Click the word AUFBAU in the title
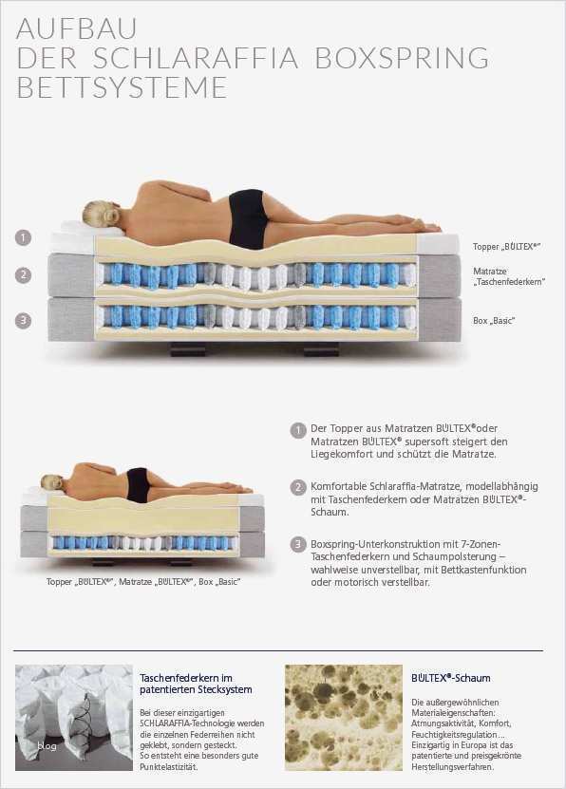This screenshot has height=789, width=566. pyautogui.click(x=77, y=28)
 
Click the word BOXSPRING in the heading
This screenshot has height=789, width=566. pyautogui.click(x=402, y=58)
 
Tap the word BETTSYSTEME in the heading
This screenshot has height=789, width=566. pyautogui.click(x=123, y=87)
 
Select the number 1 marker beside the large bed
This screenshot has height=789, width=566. pyautogui.click(x=23, y=237)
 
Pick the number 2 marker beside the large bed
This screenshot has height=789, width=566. pyautogui.click(x=23, y=274)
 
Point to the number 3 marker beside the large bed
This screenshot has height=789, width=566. pyautogui.click(x=23, y=320)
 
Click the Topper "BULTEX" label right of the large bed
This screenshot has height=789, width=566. pyautogui.click(x=506, y=247)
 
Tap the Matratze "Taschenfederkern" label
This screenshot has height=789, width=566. pyautogui.click(x=509, y=276)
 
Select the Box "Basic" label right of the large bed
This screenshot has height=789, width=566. pyautogui.click(x=494, y=321)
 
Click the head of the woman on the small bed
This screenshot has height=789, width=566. pyautogui.click(x=52, y=481)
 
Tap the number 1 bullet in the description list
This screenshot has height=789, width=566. pyautogui.click(x=298, y=430)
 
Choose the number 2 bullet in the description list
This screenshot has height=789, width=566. pyautogui.click(x=298, y=488)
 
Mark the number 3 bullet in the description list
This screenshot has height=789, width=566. pyautogui.click(x=298, y=545)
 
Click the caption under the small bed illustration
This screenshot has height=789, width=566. pyautogui.click(x=143, y=582)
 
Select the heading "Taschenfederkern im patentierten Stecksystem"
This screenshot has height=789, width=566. pyautogui.click(x=197, y=684)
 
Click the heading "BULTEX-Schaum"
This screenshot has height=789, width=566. pyautogui.click(x=451, y=678)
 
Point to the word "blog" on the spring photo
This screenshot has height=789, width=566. pyautogui.click(x=47, y=746)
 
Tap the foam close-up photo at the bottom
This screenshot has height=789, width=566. pyautogui.click(x=344, y=718)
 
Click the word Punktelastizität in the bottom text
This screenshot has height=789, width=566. pyautogui.click(x=168, y=767)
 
